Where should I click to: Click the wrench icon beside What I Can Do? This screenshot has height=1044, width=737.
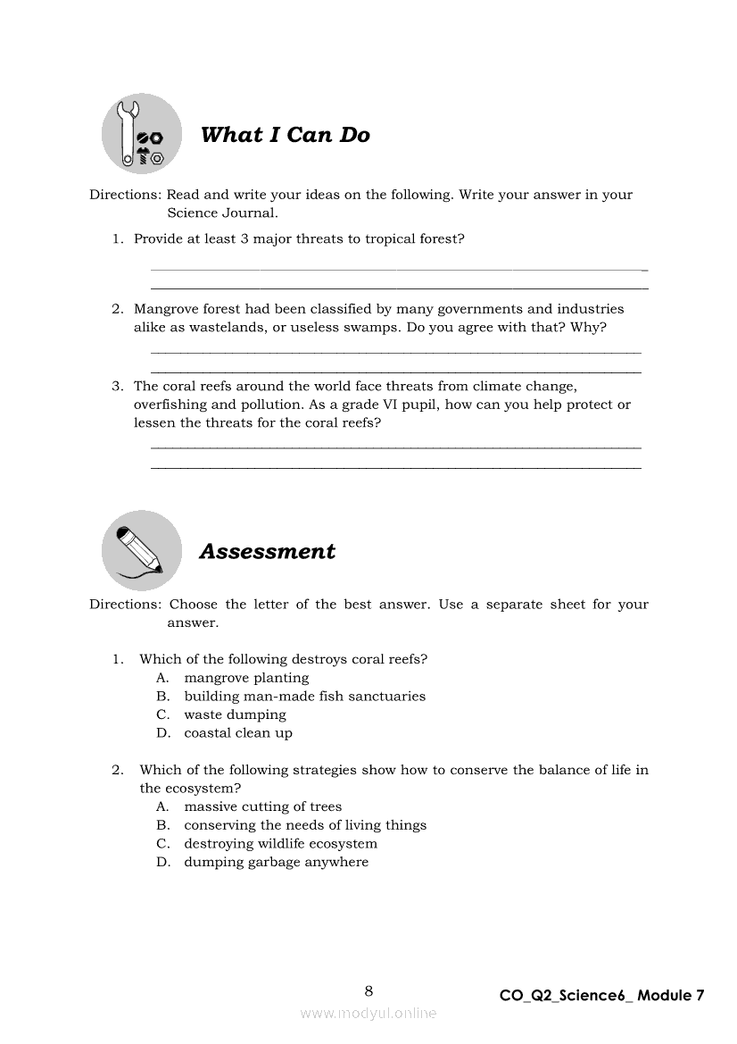142,134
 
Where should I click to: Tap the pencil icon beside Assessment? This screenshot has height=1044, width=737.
141,549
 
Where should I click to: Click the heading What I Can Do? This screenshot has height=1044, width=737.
285,135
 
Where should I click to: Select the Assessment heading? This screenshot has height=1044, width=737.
267,551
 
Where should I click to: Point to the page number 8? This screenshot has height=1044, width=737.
368,990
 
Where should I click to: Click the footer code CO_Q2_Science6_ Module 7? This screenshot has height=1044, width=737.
601,995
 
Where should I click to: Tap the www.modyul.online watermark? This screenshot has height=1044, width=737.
368,1013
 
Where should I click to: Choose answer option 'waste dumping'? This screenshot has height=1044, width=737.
235,714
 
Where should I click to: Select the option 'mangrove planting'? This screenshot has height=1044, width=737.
246,678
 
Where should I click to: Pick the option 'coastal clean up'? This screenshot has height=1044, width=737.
238,733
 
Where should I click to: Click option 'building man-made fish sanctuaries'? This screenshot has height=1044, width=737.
304,697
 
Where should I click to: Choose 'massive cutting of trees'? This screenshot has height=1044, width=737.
262,806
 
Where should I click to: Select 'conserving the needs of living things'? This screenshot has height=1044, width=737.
305,825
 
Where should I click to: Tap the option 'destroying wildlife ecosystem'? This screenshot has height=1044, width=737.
280,844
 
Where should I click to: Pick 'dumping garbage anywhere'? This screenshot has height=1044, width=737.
276,862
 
